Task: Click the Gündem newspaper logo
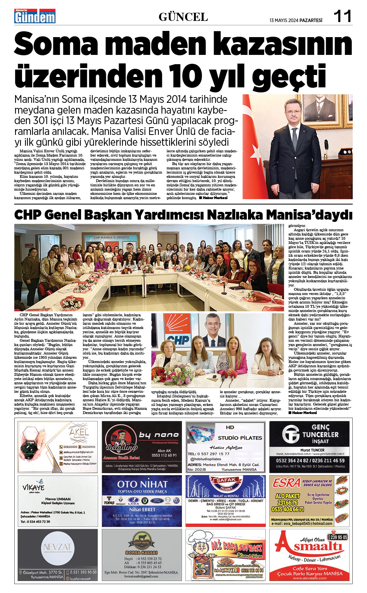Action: [x=35, y=16]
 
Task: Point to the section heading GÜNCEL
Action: [x=183, y=17]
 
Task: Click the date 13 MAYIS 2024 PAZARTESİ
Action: [x=296, y=20]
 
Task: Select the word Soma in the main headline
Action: [x=56, y=44]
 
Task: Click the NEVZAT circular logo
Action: [x=57, y=548]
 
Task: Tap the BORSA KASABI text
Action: [x=141, y=552]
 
